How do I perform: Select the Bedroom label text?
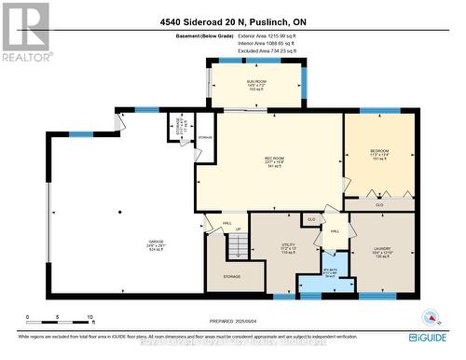click(x=379, y=154)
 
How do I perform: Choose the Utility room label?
click(x=288, y=249)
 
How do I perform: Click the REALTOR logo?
click(x=25, y=32)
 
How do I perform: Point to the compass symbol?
click(x=430, y=318)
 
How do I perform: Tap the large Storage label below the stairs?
click(x=230, y=276)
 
